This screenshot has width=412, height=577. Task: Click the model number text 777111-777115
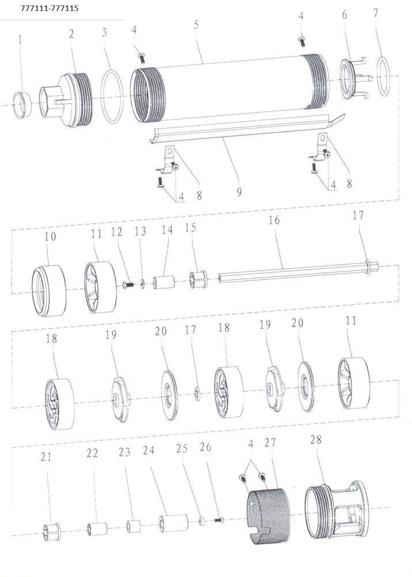50,8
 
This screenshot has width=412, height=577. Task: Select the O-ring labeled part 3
112,97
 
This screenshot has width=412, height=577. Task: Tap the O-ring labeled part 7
384,76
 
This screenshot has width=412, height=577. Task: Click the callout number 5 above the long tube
196,25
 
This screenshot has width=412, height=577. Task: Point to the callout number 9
239,192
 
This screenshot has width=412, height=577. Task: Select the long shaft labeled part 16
298,272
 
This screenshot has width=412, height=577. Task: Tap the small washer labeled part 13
142,284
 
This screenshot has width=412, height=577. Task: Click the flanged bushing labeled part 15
198,280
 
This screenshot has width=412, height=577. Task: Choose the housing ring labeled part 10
48,291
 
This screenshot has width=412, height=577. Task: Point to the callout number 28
316,439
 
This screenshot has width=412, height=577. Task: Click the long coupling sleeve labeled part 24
173,523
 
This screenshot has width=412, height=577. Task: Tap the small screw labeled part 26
219,520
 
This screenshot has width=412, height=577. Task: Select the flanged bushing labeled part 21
51,532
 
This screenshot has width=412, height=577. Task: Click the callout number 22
92,453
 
